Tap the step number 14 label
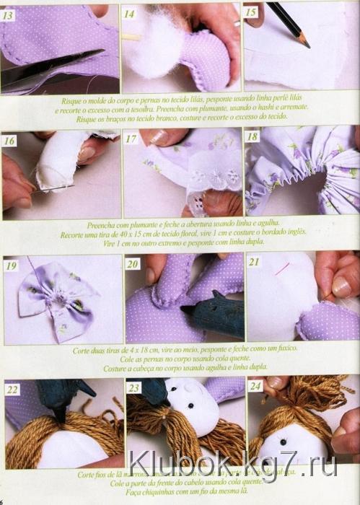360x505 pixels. [x=130, y=14]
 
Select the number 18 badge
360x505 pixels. [x=252, y=136]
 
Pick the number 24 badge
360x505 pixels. [x=255, y=387]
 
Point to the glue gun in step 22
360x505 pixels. [x=65, y=397]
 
